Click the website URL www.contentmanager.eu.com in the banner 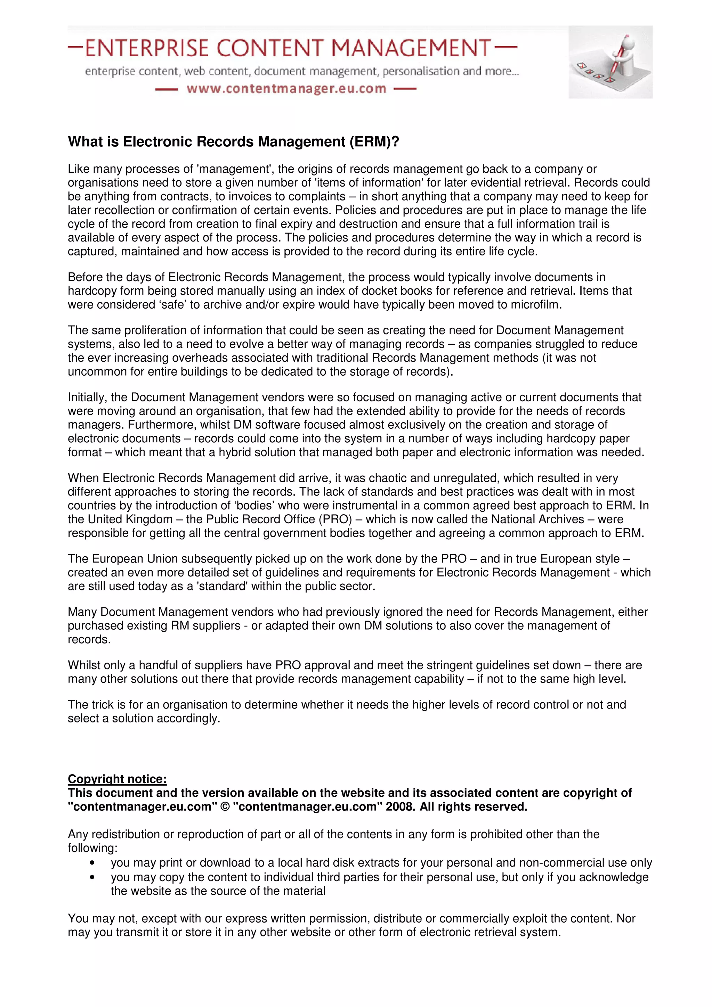click(286, 89)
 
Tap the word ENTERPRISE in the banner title click(146, 48)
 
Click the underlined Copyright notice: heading click(117, 779)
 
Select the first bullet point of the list click(92, 863)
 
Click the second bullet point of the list click(92, 877)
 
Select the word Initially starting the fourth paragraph click(87, 398)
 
